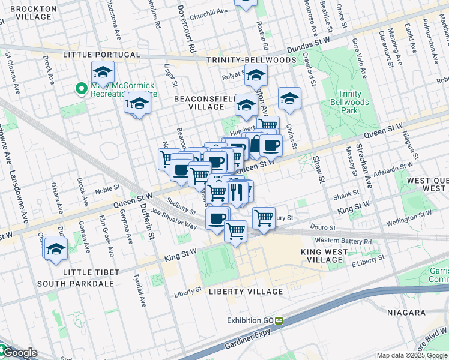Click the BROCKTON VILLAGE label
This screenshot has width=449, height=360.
34,13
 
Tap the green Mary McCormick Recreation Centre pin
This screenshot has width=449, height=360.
82,89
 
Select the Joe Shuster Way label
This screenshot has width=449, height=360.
174,220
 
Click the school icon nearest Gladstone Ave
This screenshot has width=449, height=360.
103,73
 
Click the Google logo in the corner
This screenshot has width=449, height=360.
19,353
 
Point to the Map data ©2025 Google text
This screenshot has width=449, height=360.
411,355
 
